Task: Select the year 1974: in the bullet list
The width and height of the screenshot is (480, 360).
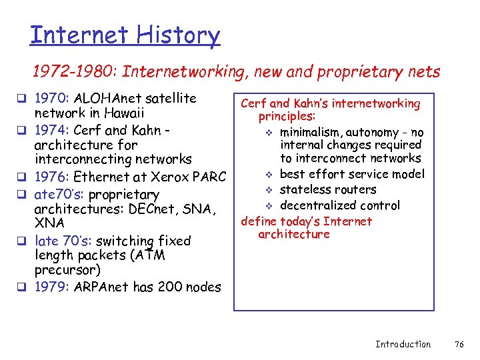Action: point(52,129)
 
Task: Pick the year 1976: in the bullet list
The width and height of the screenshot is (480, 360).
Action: point(52,177)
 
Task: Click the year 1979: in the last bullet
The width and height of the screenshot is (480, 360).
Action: point(52,287)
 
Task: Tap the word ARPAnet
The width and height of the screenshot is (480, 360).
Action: point(101,287)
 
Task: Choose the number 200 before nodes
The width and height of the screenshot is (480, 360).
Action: point(171,287)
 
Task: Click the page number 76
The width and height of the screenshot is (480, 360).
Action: point(459,344)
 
